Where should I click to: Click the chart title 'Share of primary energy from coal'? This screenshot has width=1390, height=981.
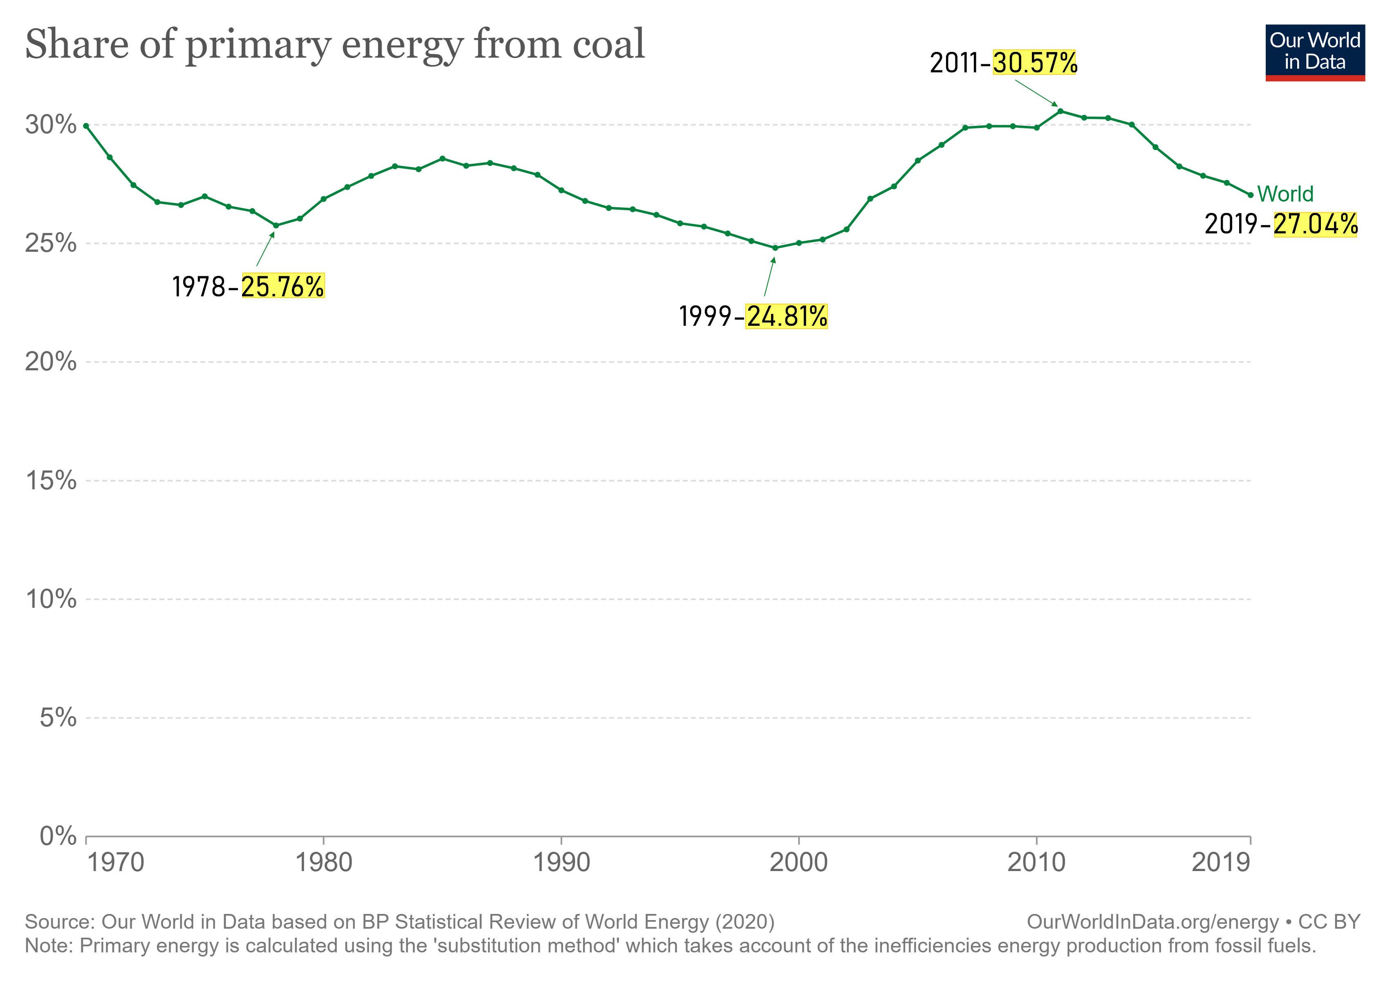point(335,45)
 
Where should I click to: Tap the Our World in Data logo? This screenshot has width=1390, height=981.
point(1314,52)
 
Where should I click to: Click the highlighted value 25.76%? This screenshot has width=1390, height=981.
point(283,286)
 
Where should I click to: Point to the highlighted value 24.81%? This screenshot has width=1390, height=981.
point(787,316)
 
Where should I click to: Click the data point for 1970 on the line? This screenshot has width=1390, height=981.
point(86,126)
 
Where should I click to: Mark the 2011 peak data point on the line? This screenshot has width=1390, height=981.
point(1060,111)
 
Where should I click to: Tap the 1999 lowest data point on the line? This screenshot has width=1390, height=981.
point(775,248)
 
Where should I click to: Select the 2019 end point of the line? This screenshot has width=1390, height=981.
point(1250,195)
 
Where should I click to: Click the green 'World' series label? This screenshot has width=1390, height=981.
point(1285,194)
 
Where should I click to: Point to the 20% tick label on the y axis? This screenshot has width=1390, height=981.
point(51,362)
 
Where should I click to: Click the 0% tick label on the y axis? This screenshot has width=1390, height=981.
point(58,836)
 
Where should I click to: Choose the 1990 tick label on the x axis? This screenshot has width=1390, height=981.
point(561,862)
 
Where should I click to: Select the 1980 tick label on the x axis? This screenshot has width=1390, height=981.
point(323,862)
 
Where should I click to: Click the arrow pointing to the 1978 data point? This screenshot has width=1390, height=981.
point(265,249)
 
